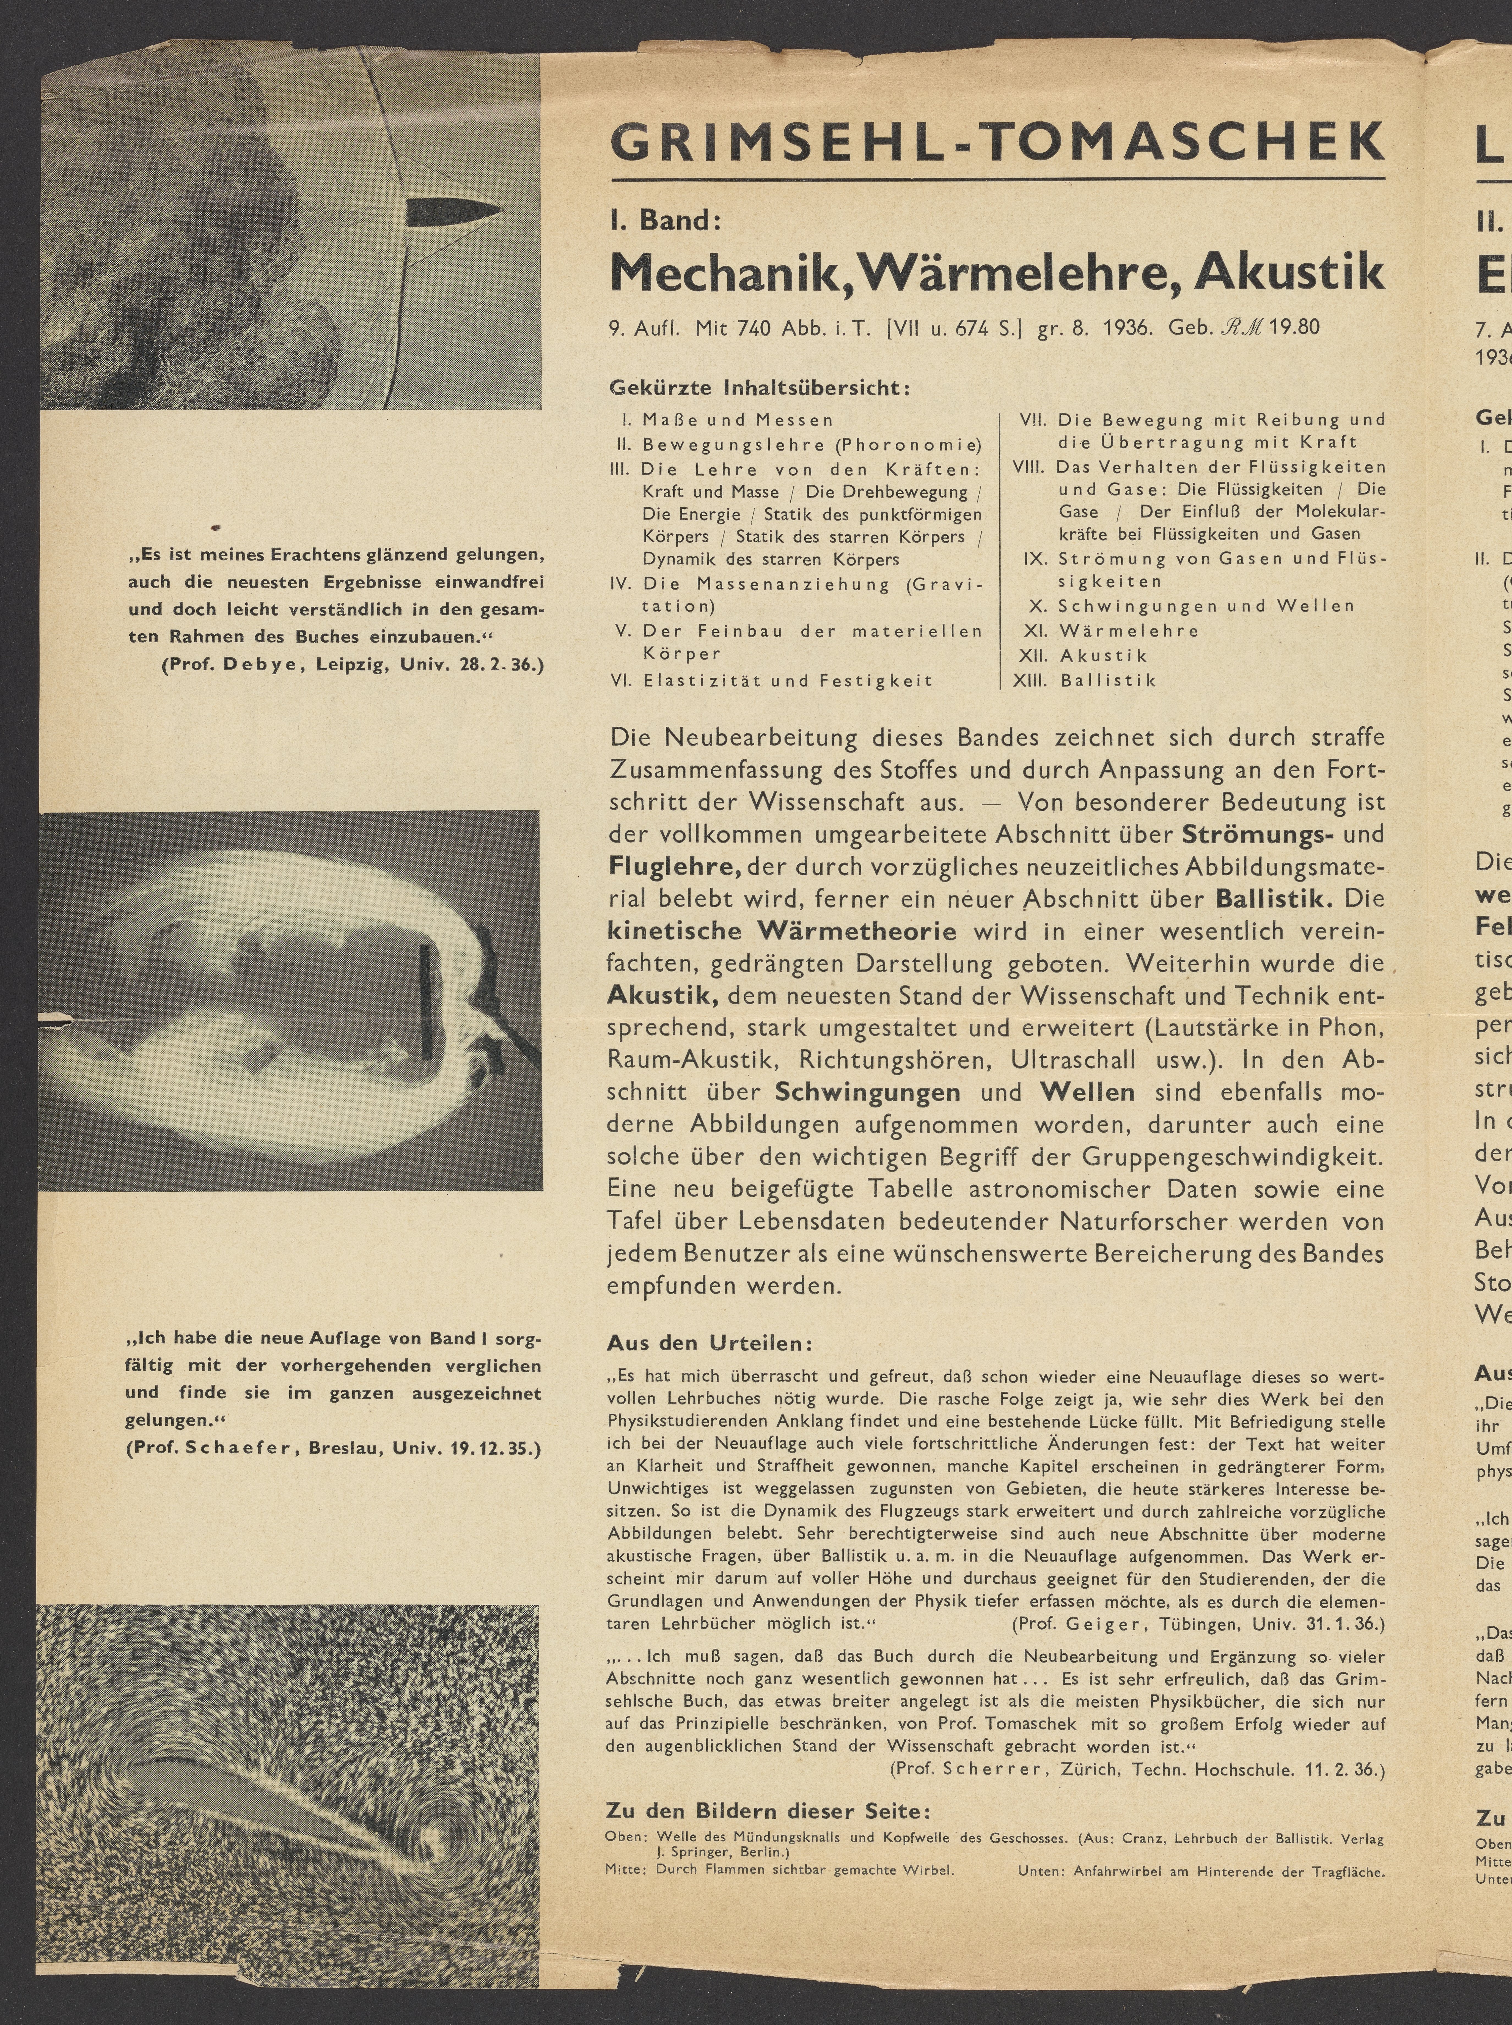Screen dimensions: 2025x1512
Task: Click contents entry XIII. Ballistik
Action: click(x=1085, y=680)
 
